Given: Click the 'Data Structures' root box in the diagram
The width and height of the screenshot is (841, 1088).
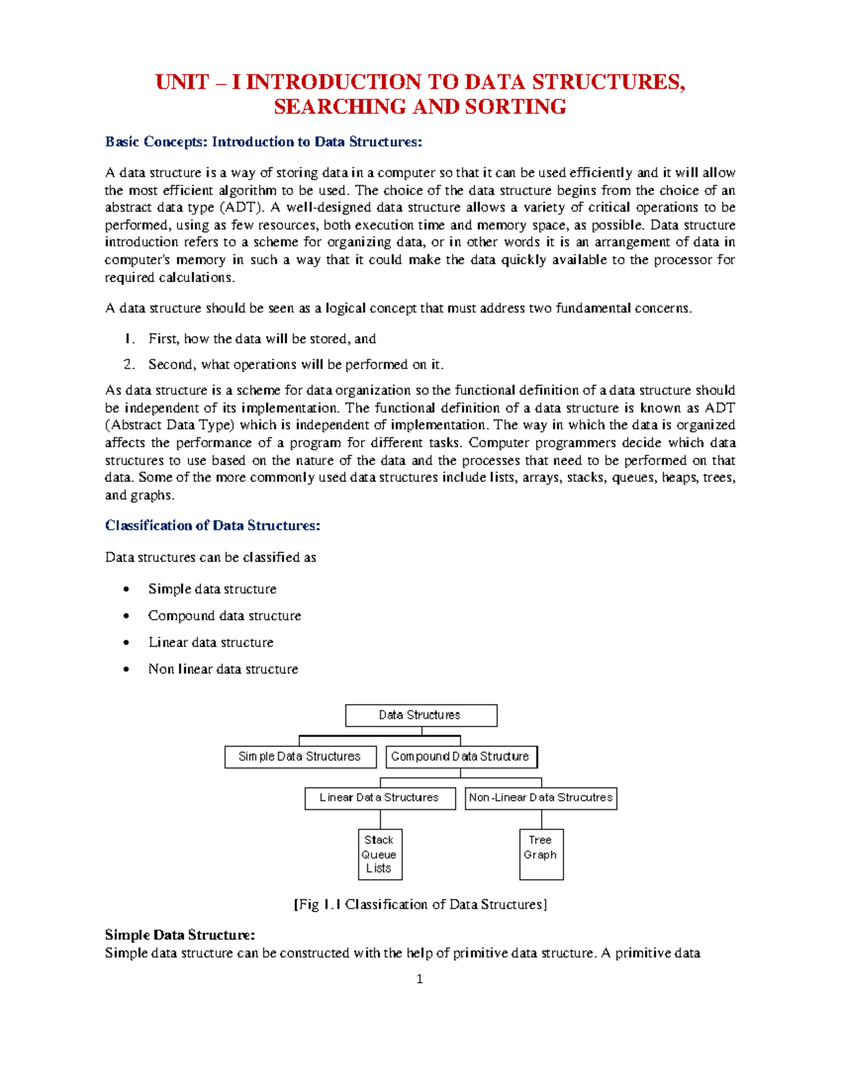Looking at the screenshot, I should click(x=420, y=715).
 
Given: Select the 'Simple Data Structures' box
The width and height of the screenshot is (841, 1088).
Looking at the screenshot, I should click(x=300, y=757).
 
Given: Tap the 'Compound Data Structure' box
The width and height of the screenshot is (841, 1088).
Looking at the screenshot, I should click(x=461, y=757).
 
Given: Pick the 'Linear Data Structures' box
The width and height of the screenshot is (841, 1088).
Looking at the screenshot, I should click(x=380, y=798).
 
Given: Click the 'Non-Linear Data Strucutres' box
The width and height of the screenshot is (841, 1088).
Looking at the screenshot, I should click(x=540, y=798).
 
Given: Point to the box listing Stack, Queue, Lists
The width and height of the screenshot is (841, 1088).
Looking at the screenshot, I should click(x=380, y=854).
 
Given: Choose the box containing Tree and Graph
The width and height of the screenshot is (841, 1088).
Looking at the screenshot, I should click(x=541, y=854).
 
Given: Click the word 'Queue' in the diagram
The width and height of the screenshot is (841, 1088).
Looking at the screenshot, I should click(x=379, y=855).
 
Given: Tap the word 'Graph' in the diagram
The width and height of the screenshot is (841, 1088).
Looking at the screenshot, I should click(x=540, y=855).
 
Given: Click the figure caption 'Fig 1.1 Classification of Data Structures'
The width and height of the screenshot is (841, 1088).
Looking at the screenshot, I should click(x=420, y=904).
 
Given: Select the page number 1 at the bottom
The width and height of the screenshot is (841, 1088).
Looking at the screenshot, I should click(x=419, y=979).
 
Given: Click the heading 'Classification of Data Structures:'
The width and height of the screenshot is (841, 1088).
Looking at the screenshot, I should click(x=212, y=525).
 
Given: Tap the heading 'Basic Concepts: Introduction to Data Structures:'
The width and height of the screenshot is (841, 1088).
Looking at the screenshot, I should click(x=264, y=142).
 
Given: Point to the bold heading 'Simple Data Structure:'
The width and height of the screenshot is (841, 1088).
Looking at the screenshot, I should click(x=180, y=935).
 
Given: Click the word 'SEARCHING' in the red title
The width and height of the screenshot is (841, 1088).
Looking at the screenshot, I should click(x=340, y=107).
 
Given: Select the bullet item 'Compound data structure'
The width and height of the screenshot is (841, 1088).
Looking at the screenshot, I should click(x=224, y=616).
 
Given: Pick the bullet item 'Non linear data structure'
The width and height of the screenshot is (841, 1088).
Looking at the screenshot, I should click(x=223, y=669).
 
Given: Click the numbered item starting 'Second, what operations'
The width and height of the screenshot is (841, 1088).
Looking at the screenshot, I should click(x=296, y=364).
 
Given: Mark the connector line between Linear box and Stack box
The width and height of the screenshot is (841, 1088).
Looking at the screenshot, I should click(x=381, y=820).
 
